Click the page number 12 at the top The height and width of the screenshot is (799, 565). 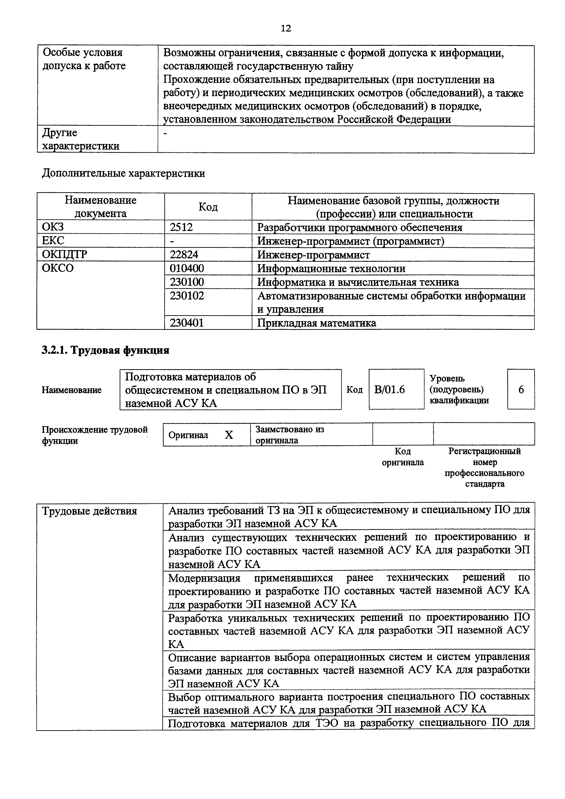point(285,28)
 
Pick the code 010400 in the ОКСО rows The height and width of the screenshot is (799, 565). point(187,268)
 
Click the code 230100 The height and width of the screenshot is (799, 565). point(187,282)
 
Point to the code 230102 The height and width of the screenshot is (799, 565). point(187,296)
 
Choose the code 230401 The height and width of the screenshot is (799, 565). point(187,323)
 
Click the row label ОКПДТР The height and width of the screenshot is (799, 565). point(65,255)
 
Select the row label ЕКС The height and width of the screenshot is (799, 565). point(53,241)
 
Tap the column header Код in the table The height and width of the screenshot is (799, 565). point(208,207)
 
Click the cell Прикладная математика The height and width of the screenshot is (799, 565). point(316,323)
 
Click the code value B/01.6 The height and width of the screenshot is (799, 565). point(389,389)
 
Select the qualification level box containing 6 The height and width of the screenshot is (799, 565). point(521,389)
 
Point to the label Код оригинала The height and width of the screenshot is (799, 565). point(402,457)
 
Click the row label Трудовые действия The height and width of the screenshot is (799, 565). point(90,511)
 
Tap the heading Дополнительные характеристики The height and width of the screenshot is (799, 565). point(123,173)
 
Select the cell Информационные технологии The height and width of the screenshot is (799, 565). point(331,268)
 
